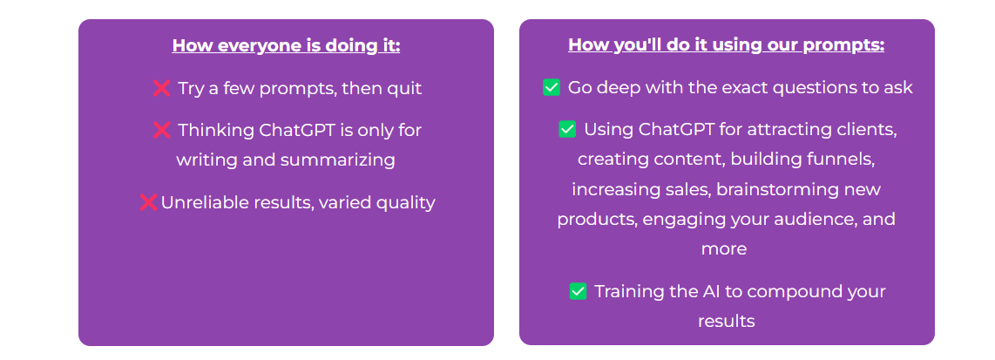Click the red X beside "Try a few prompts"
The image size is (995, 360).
coord(162,88)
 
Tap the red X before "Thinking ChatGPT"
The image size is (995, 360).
coord(162,130)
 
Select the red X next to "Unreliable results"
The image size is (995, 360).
coord(148,202)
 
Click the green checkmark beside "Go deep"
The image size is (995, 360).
coord(552,88)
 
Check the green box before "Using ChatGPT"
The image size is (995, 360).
coord(567,130)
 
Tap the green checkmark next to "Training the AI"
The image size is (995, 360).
coord(578,291)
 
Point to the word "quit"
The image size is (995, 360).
coord(404,88)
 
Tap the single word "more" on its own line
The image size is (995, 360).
coord(724,249)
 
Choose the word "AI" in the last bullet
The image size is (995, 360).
coord(693,291)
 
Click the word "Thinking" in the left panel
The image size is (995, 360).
coord(216,131)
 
